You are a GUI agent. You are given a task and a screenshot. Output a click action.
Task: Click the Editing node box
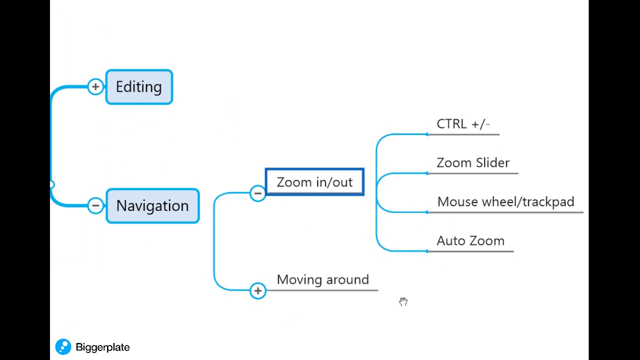(x=139, y=87)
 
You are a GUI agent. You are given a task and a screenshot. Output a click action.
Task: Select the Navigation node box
(x=152, y=205)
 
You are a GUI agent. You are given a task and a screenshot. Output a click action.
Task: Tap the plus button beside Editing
(x=95, y=86)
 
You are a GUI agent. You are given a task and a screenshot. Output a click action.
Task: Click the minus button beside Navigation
(x=95, y=205)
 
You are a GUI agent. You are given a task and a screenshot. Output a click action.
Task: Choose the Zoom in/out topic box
(x=314, y=182)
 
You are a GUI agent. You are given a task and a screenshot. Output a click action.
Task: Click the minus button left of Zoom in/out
(x=257, y=193)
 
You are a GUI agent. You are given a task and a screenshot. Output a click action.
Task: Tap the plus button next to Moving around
(x=257, y=290)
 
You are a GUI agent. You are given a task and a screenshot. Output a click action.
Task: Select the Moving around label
(x=322, y=279)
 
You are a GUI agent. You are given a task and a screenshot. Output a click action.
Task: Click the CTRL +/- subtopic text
(x=463, y=124)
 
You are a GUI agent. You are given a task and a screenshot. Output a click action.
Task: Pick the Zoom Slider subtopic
(x=473, y=163)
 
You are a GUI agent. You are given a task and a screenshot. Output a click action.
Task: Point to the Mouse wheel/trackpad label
(x=505, y=202)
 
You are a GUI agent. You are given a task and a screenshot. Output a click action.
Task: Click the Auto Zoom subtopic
(x=470, y=241)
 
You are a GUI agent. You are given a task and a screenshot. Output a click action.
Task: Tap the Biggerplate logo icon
(x=63, y=347)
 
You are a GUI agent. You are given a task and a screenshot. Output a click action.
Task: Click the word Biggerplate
(x=102, y=347)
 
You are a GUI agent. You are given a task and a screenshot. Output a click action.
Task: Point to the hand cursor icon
(x=403, y=301)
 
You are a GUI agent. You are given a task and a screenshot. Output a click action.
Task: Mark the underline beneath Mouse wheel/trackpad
(x=505, y=212)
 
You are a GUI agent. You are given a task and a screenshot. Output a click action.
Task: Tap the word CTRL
(x=451, y=124)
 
